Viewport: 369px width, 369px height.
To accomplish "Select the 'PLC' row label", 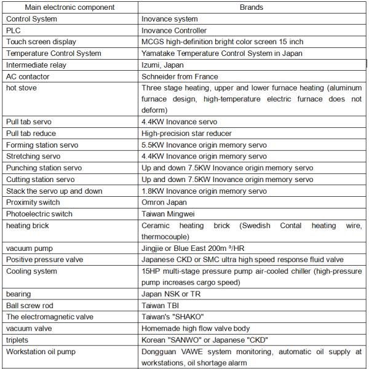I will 14,30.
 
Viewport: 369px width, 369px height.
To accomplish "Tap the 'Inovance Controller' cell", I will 174,30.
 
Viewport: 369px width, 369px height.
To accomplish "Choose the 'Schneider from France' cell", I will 179,77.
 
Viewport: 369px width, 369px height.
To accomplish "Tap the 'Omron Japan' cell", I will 164,202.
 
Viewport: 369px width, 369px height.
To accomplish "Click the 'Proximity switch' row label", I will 33,202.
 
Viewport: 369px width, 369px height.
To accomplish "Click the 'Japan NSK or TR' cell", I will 170,294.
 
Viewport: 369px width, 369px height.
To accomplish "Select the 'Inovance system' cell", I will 169,19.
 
